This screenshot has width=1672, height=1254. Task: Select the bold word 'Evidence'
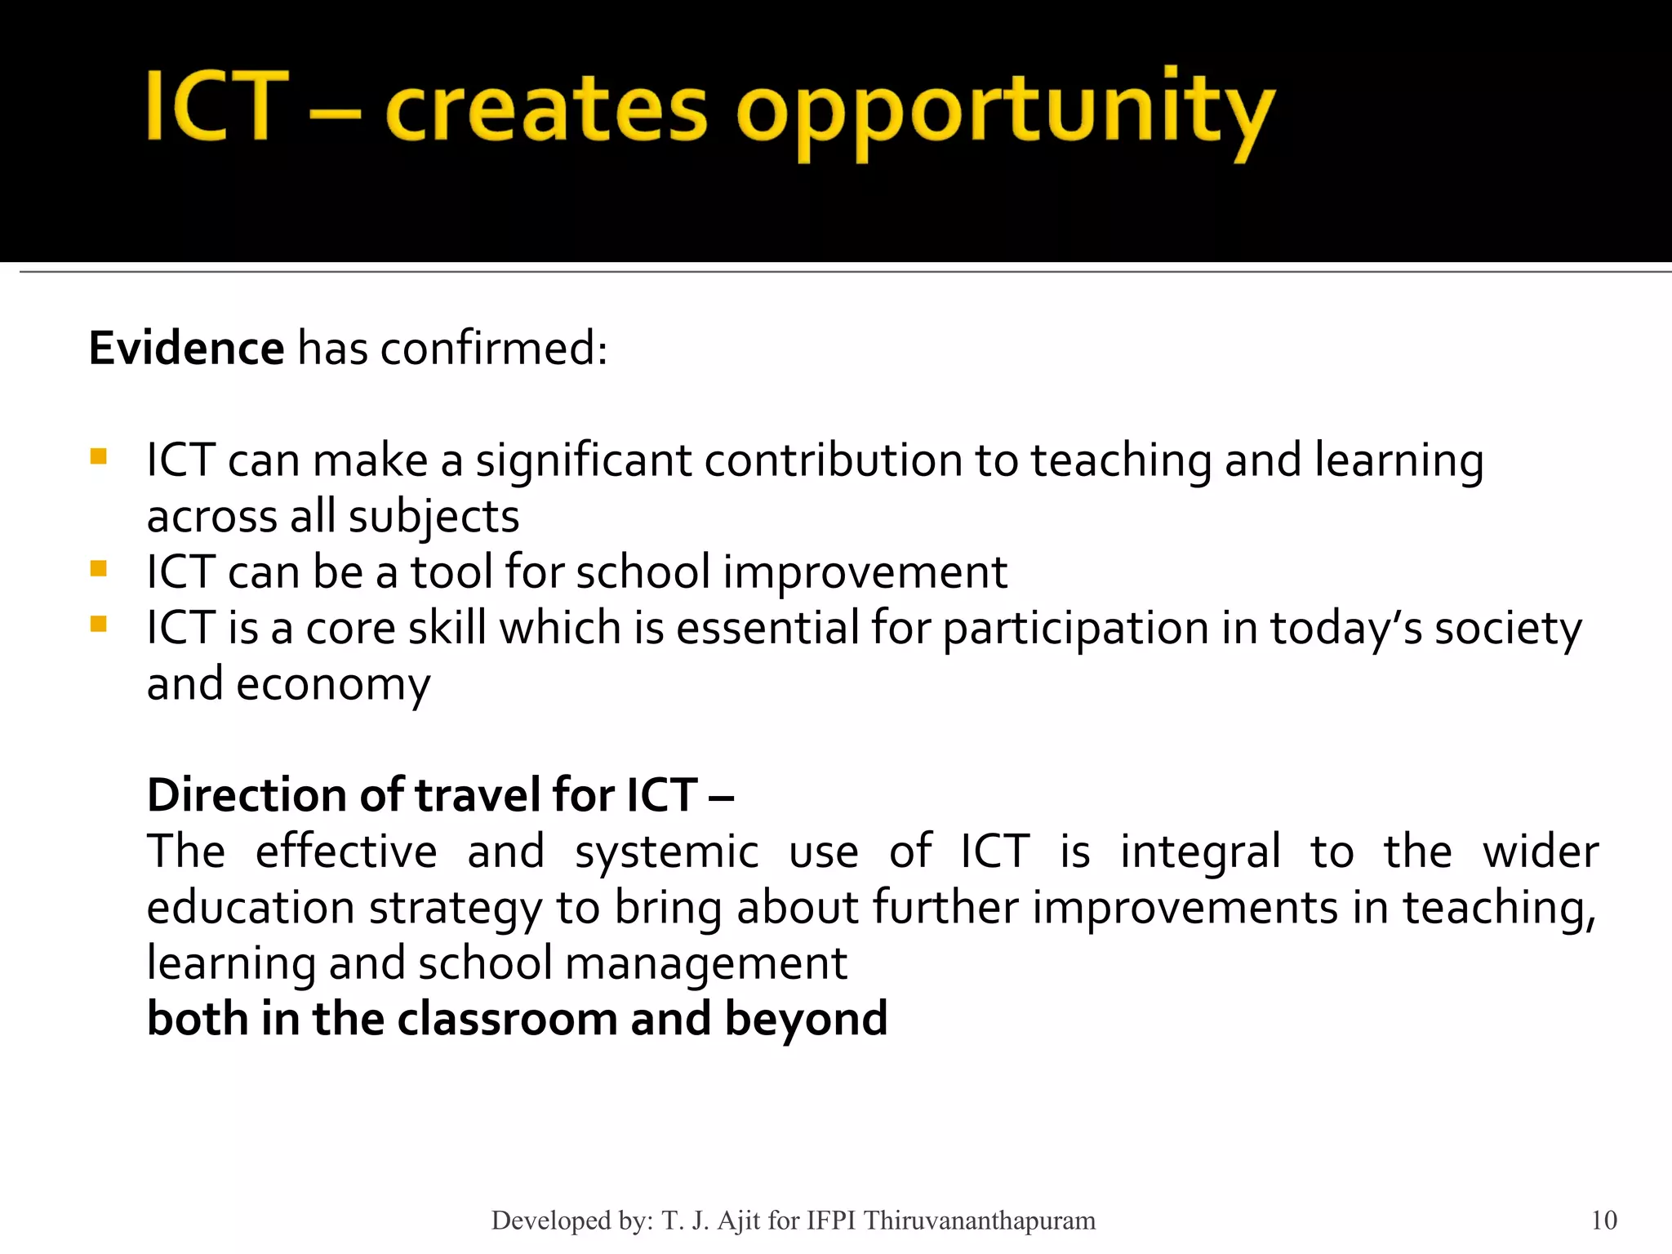(x=186, y=349)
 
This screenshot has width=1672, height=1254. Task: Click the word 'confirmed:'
(x=494, y=349)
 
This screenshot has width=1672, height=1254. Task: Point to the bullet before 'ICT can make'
(x=99, y=456)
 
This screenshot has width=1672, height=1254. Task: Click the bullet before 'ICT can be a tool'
(x=99, y=568)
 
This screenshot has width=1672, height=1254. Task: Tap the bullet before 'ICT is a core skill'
(x=99, y=625)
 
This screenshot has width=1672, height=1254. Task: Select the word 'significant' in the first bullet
(x=584, y=460)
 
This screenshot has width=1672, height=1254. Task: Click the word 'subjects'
(x=434, y=517)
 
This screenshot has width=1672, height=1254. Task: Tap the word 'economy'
(x=332, y=684)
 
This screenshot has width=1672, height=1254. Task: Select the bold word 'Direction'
(x=247, y=795)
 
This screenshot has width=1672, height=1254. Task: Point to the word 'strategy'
(x=455, y=908)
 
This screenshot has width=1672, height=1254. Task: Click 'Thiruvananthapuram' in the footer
(x=979, y=1221)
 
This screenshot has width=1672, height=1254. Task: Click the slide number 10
(x=1603, y=1221)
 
